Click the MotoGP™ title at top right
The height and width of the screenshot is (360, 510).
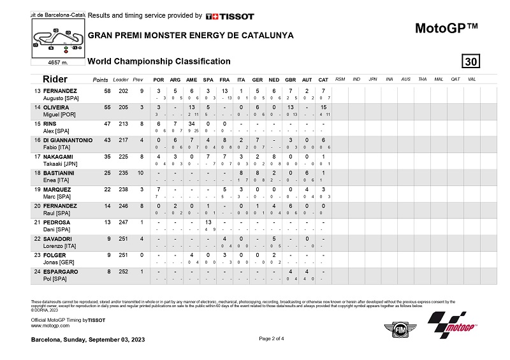446,28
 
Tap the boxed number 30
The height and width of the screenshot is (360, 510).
471,61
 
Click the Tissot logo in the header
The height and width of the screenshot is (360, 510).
229,16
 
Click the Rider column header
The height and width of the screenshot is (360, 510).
55,79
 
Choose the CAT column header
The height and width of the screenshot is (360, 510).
323,80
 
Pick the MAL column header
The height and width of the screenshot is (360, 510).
439,80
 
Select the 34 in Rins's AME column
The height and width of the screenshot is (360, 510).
191,124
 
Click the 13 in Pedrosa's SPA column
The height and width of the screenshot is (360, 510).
208,222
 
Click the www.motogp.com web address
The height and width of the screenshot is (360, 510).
49,325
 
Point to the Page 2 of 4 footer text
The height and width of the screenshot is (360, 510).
272,338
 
